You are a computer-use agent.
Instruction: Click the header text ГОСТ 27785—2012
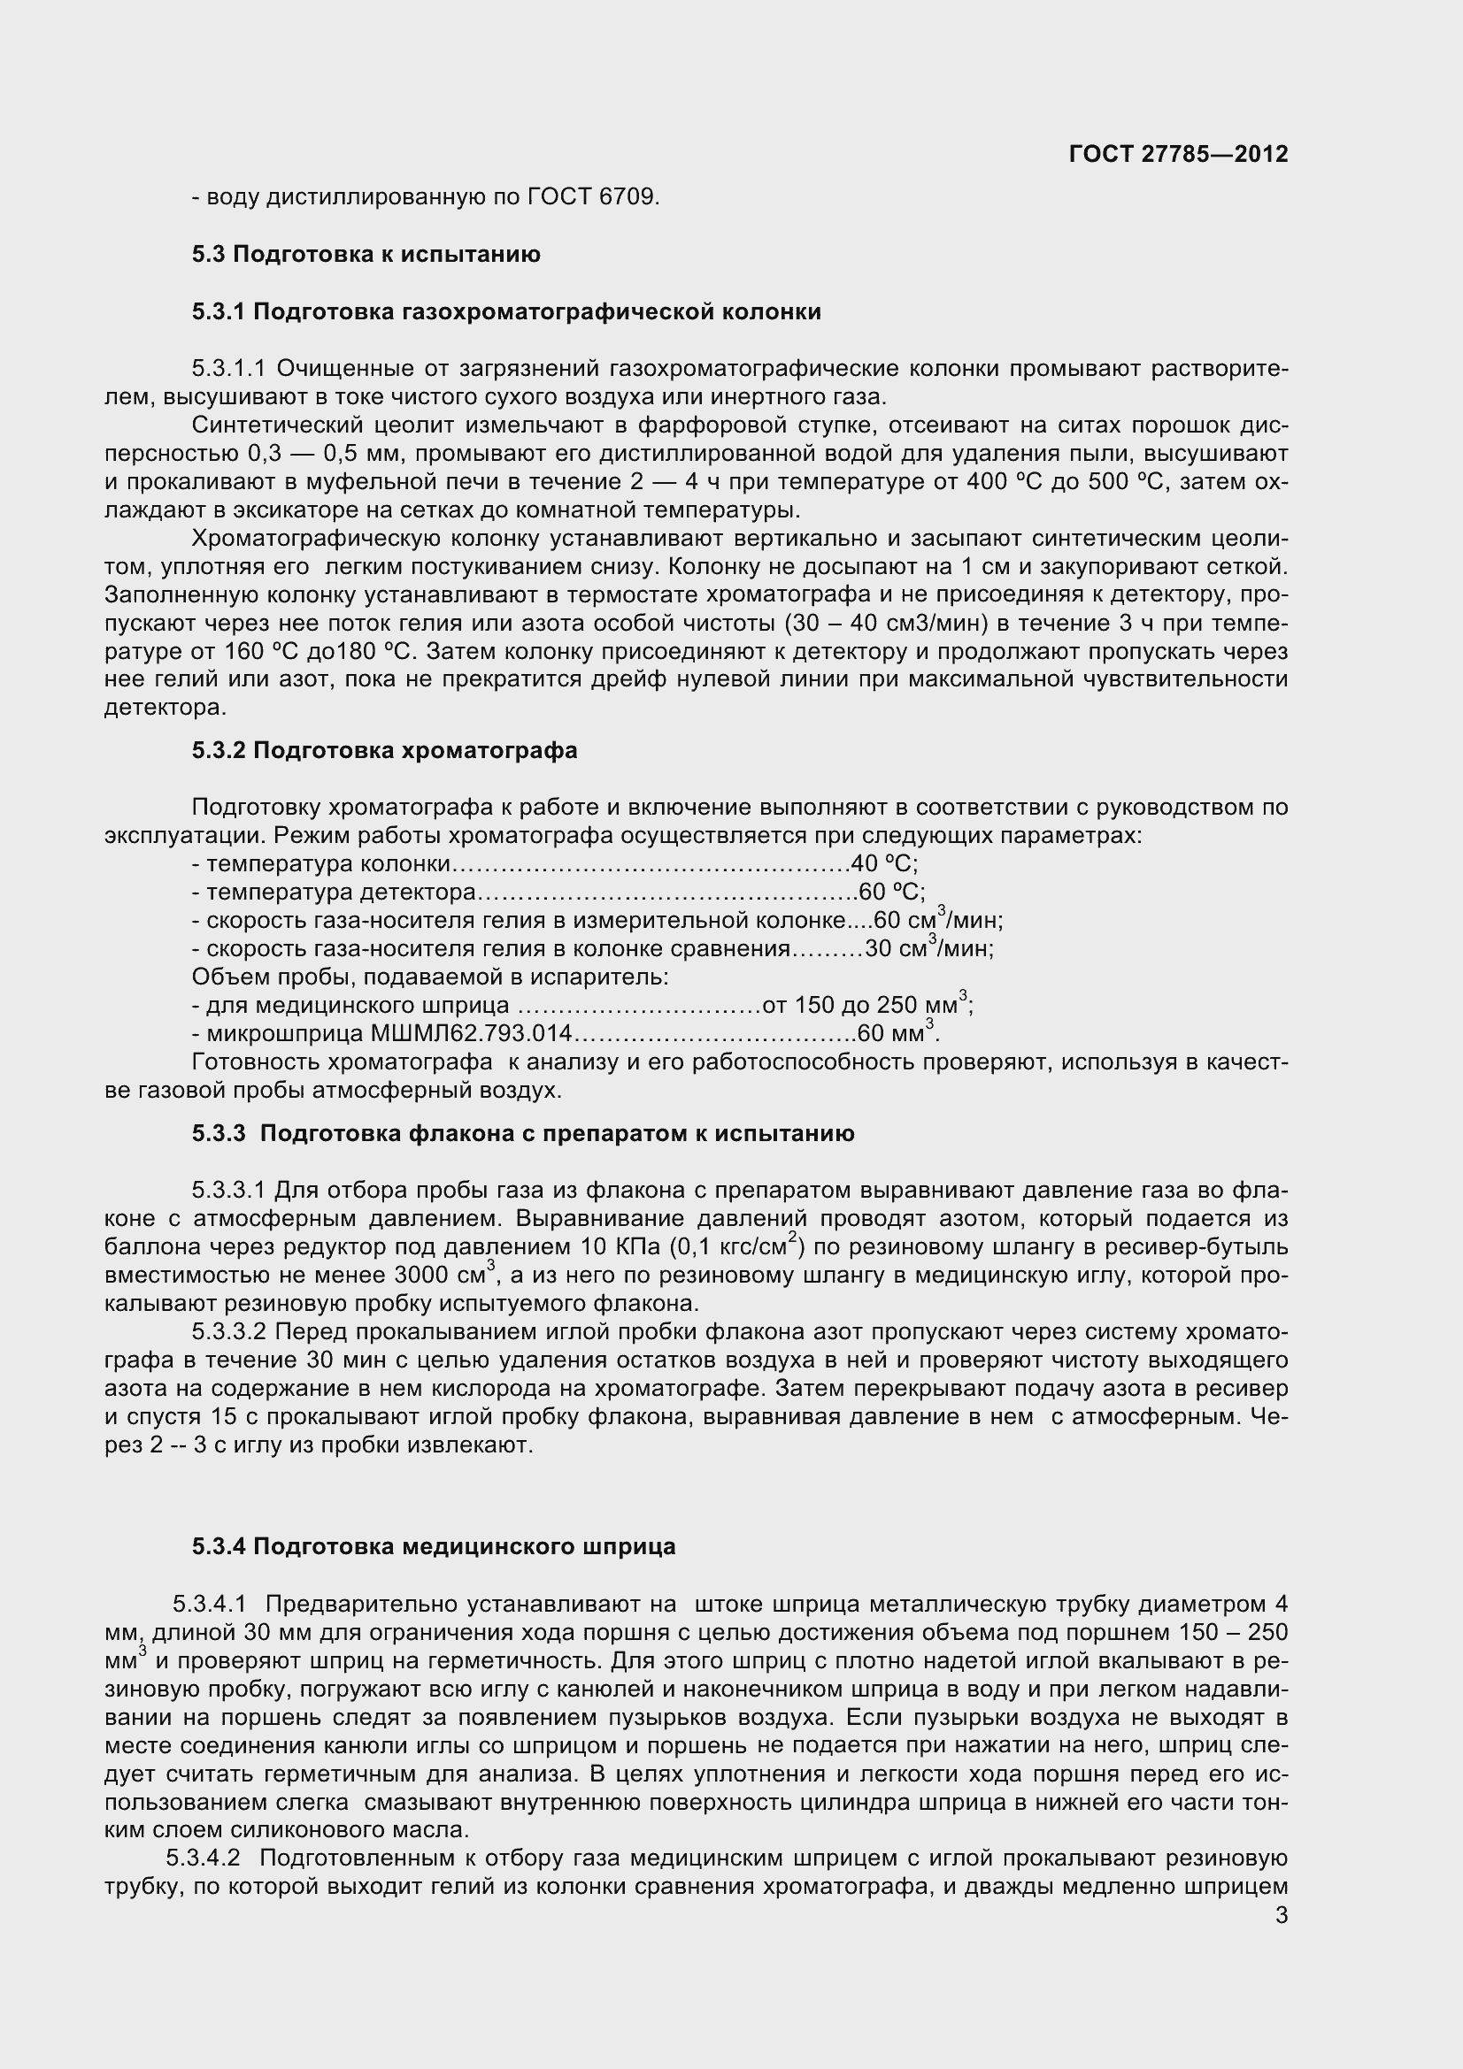pyautogui.click(x=1177, y=154)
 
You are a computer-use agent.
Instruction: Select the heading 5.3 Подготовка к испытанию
pyautogui.click(x=366, y=254)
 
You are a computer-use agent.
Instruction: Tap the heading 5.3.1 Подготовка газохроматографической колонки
pyautogui.click(x=505, y=311)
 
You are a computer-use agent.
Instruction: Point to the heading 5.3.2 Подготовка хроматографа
pyautogui.click(x=384, y=751)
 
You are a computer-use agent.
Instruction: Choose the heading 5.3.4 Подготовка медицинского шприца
pyautogui.click(x=433, y=1547)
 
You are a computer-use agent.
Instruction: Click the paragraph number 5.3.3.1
pyautogui.click(x=228, y=1192)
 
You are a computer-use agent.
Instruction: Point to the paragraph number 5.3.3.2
pyautogui.click(x=228, y=1332)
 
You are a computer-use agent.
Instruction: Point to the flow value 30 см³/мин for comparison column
pyautogui.click(x=928, y=949)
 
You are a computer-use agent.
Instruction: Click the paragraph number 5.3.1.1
pyautogui.click(x=228, y=369)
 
